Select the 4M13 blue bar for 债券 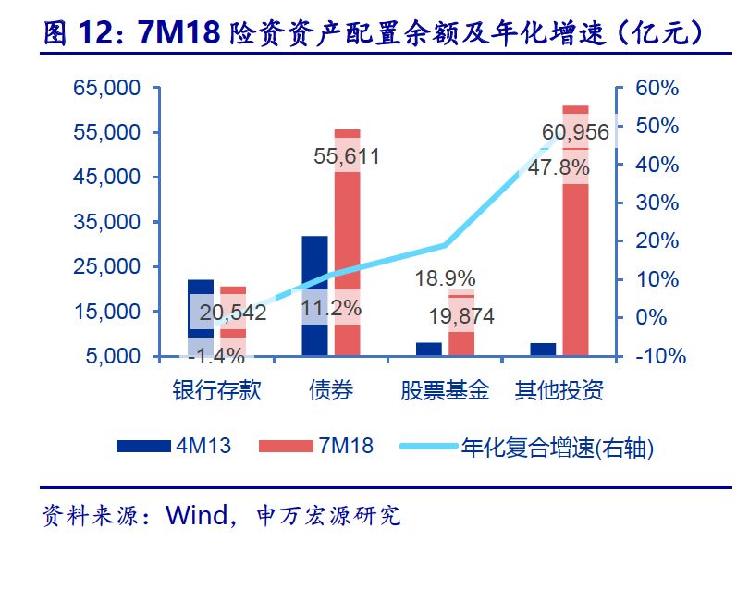click(x=314, y=296)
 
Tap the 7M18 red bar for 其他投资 click(x=575, y=231)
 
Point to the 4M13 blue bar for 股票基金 click(x=429, y=349)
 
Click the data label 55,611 click(x=347, y=157)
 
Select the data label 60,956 click(x=575, y=133)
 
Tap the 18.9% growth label click(x=445, y=278)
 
